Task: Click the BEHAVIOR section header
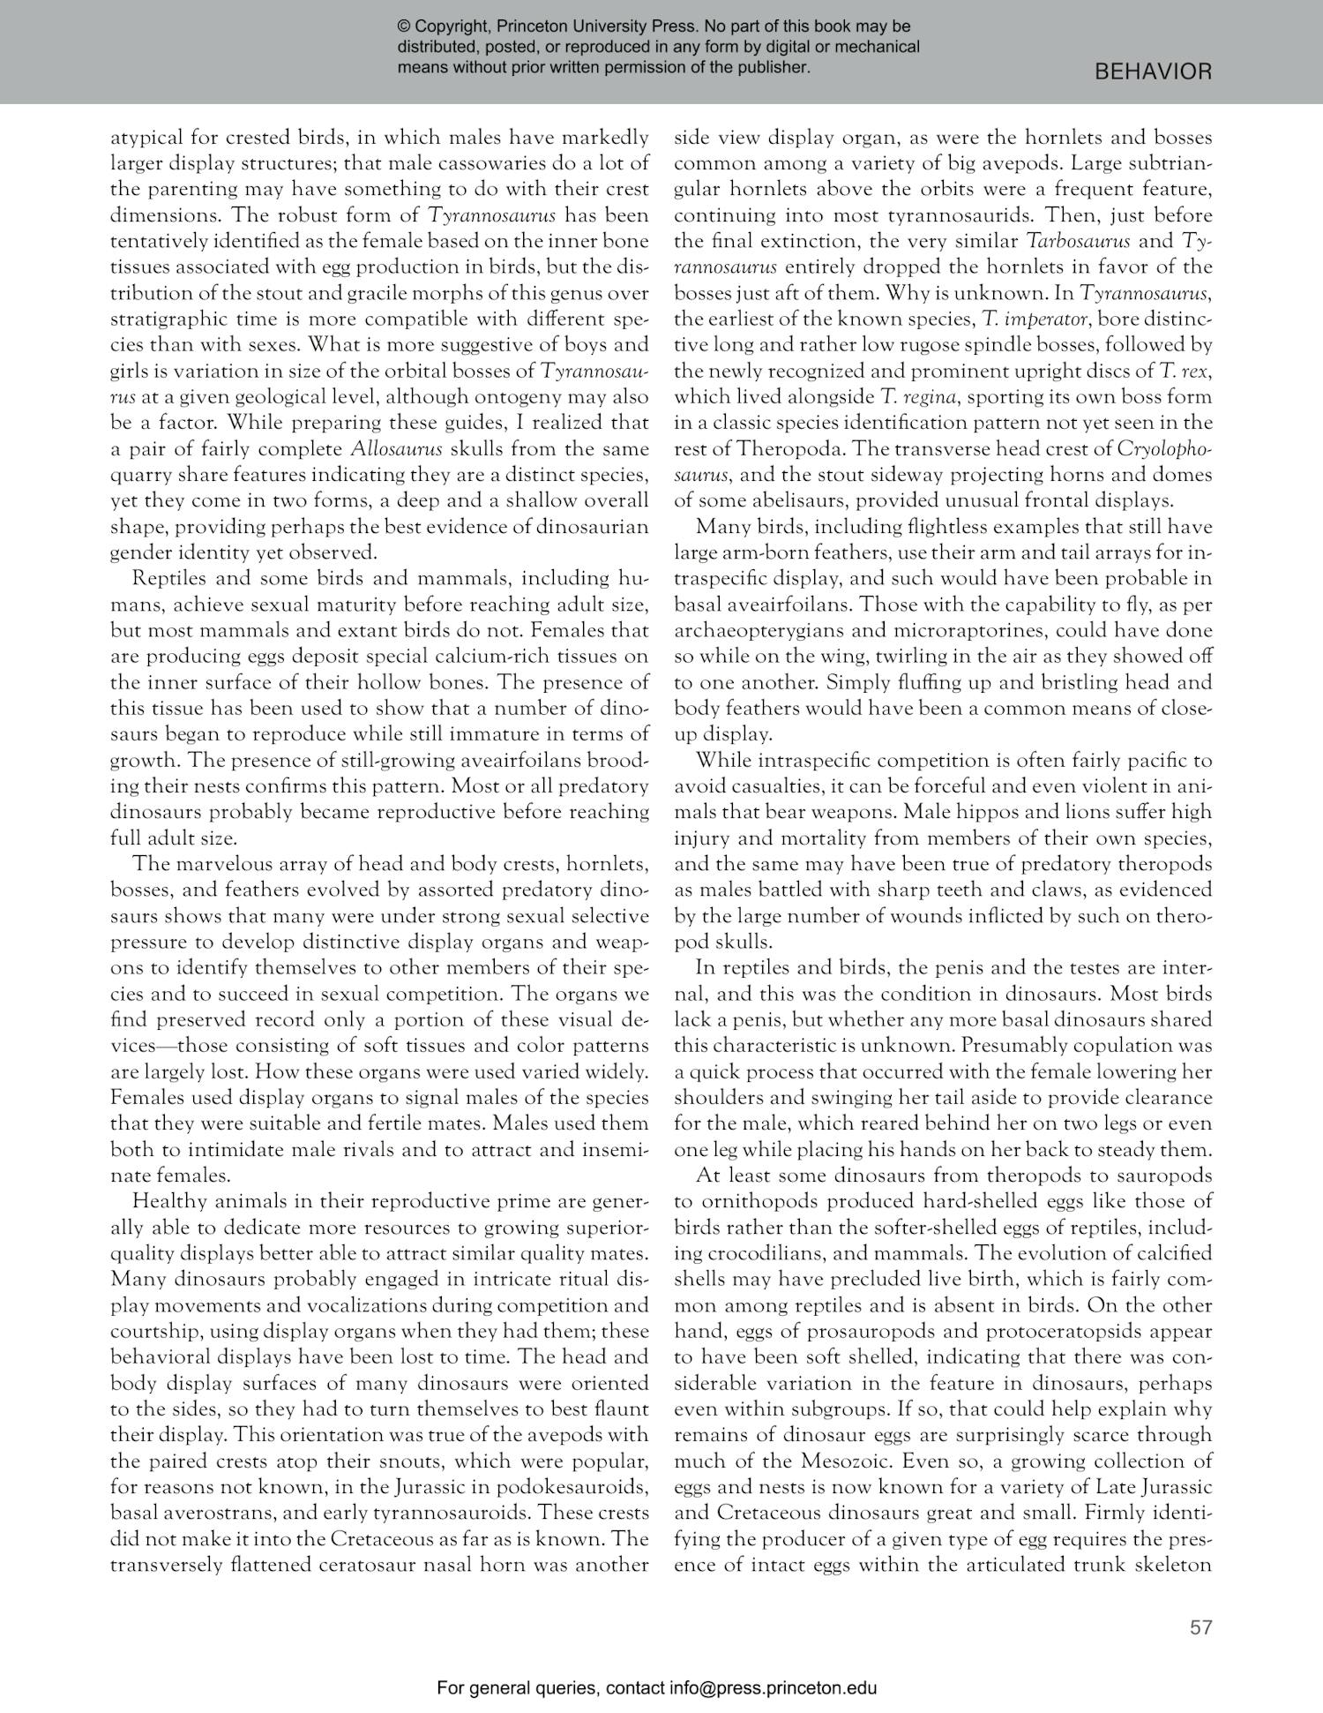tap(1153, 72)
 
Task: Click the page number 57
tap(1200, 1627)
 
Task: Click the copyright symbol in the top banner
tap(405, 27)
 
